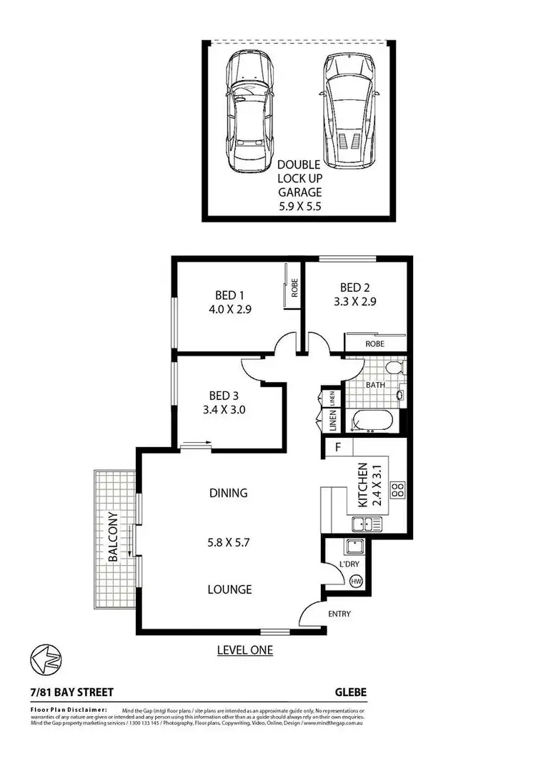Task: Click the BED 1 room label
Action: (x=230, y=295)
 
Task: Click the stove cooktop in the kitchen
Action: (x=397, y=490)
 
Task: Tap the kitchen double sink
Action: (x=367, y=524)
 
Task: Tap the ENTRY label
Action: (x=339, y=614)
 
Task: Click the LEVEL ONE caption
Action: (x=245, y=650)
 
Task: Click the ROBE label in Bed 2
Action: (x=374, y=344)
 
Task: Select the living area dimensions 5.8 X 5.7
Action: (x=229, y=542)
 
